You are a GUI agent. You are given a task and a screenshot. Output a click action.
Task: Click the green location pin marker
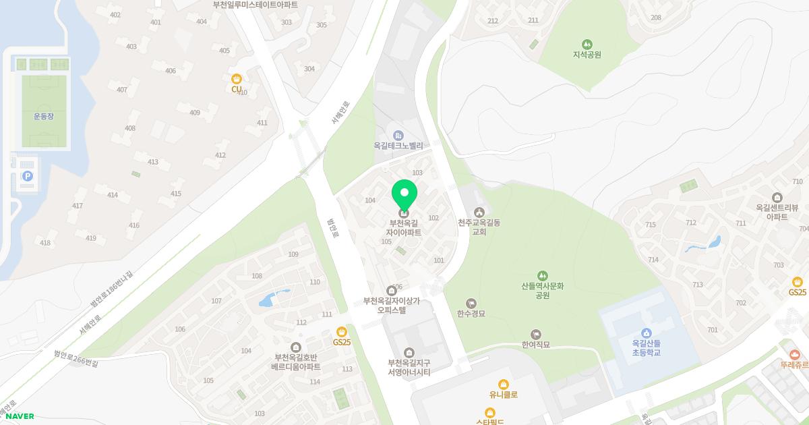click(x=404, y=196)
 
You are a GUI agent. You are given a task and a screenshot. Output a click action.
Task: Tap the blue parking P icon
click(x=28, y=176)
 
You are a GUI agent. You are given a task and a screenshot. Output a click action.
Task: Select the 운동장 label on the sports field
click(x=44, y=116)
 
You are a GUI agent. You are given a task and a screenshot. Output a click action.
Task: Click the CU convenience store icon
click(x=236, y=78)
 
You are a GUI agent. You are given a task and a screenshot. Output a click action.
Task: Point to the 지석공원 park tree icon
click(x=587, y=44)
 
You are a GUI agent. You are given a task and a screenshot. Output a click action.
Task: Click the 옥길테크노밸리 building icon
click(x=398, y=135)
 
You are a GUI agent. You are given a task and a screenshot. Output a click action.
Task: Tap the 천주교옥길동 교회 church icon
click(x=479, y=213)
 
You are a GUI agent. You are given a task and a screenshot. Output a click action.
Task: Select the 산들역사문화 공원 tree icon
click(x=542, y=275)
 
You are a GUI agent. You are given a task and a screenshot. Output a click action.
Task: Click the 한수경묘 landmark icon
click(x=471, y=303)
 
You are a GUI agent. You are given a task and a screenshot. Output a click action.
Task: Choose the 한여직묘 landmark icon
click(x=536, y=334)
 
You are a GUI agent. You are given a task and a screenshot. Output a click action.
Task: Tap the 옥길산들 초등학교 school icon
click(x=646, y=333)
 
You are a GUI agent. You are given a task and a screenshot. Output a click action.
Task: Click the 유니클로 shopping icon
click(x=503, y=385)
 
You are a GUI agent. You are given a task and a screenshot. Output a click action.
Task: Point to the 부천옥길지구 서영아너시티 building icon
click(x=409, y=352)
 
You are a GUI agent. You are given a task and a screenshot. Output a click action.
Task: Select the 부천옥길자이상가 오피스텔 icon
click(x=391, y=291)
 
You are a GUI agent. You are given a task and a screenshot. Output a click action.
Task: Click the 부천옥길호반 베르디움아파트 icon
click(x=295, y=347)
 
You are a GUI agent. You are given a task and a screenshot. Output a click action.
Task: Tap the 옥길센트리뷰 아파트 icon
click(x=777, y=198)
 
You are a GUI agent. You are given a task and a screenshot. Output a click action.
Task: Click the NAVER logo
click(x=20, y=416)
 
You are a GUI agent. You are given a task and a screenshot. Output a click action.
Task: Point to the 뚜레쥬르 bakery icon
click(x=794, y=354)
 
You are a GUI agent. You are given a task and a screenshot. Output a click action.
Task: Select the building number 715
click(x=651, y=225)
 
